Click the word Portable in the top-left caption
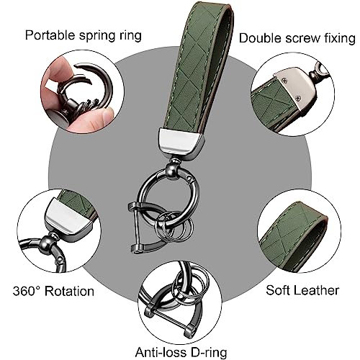(50, 35)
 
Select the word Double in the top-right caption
(260, 38)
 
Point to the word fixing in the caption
(340, 38)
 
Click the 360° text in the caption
(27, 291)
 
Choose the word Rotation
(70, 291)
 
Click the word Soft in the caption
(278, 290)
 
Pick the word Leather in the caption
(316, 290)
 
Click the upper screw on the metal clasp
(285, 81)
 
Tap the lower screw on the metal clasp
(298, 98)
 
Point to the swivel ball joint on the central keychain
(173, 170)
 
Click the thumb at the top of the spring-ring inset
(58, 70)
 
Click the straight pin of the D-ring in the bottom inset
(167, 319)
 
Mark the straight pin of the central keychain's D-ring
(136, 228)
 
